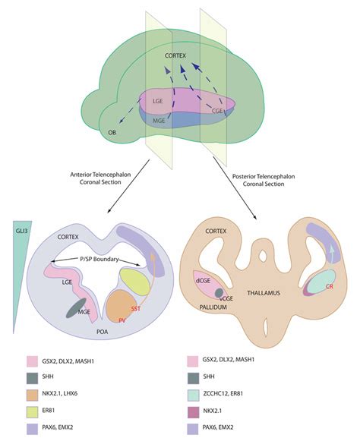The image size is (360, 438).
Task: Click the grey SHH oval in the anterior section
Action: point(85,307)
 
